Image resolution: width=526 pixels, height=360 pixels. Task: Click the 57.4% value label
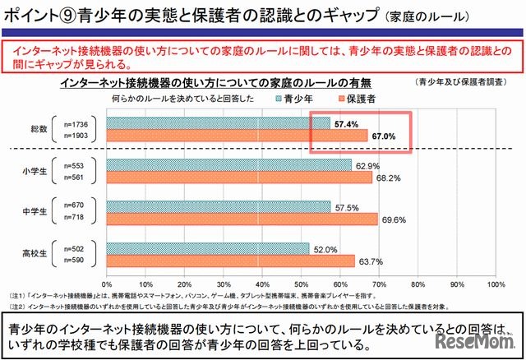(348, 122)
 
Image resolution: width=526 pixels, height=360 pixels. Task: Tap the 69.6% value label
(394, 219)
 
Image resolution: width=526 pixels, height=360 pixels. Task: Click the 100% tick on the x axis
(496, 284)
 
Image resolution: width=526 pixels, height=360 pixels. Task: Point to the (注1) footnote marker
(16, 294)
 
